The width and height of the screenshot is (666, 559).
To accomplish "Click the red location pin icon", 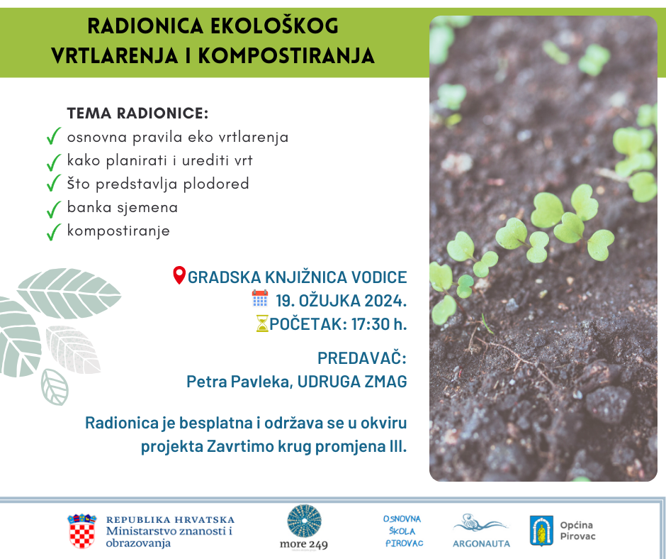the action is click(179, 275).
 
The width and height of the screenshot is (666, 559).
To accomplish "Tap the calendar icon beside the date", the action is click(260, 298).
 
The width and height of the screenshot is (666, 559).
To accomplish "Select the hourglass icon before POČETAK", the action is click(262, 323).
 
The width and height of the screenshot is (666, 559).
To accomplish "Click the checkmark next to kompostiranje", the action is click(54, 232).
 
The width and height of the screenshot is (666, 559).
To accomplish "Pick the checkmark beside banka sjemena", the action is click(54, 209).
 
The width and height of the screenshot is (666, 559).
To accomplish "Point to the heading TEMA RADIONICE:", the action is click(137, 114).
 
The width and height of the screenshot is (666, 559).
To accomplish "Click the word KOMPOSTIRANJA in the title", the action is click(286, 56).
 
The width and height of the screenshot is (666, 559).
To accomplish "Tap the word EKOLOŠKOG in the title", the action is click(274, 26).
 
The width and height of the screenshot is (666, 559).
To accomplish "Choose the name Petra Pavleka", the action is click(238, 382).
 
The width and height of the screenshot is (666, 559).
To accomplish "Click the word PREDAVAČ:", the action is click(362, 358).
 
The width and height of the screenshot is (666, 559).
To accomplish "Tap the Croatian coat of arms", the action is click(82, 531).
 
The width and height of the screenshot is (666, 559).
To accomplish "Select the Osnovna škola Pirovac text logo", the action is click(403, 531).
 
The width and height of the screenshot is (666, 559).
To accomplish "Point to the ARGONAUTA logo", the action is click(481, 531).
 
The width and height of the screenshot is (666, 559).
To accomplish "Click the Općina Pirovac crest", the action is click(541, 531).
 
